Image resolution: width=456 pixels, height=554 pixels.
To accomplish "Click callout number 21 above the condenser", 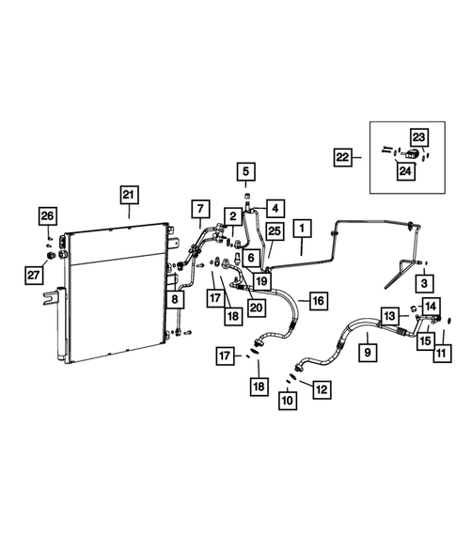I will (128, 196).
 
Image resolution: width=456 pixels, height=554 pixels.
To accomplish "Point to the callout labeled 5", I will (245, 171).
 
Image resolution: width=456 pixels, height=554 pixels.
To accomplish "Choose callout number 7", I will (200, 208).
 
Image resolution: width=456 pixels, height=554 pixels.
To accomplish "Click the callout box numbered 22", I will (343, 157).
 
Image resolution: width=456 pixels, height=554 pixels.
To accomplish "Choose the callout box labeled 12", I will (322, 387).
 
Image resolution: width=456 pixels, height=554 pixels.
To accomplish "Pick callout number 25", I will (275, 231).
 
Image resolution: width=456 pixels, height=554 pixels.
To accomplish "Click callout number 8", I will (174, 301).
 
